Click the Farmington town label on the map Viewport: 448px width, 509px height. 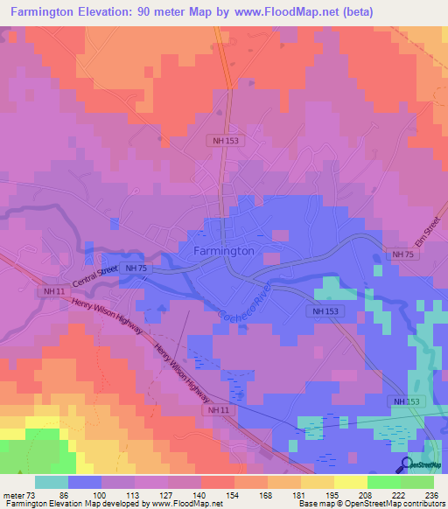click(223, 250)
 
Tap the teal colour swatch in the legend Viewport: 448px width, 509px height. click(52, 482)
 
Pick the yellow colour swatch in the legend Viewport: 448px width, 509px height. click(350, 482)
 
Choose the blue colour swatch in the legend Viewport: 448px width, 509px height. click(85, 482)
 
